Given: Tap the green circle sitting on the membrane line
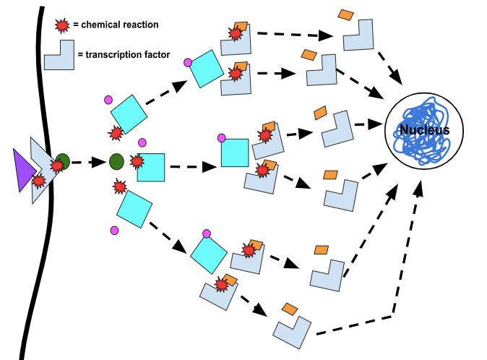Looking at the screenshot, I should point(63,162).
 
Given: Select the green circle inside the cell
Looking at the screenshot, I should point(116,162).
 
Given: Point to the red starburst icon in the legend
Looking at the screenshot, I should point(63,25).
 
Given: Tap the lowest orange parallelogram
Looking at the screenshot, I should point(290,309).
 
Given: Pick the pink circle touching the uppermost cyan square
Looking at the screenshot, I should point(189,62).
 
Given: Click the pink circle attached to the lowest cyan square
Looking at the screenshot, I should point(207,233).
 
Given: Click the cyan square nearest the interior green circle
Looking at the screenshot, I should point(150,167).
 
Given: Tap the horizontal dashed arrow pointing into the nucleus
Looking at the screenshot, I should point(367,124).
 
